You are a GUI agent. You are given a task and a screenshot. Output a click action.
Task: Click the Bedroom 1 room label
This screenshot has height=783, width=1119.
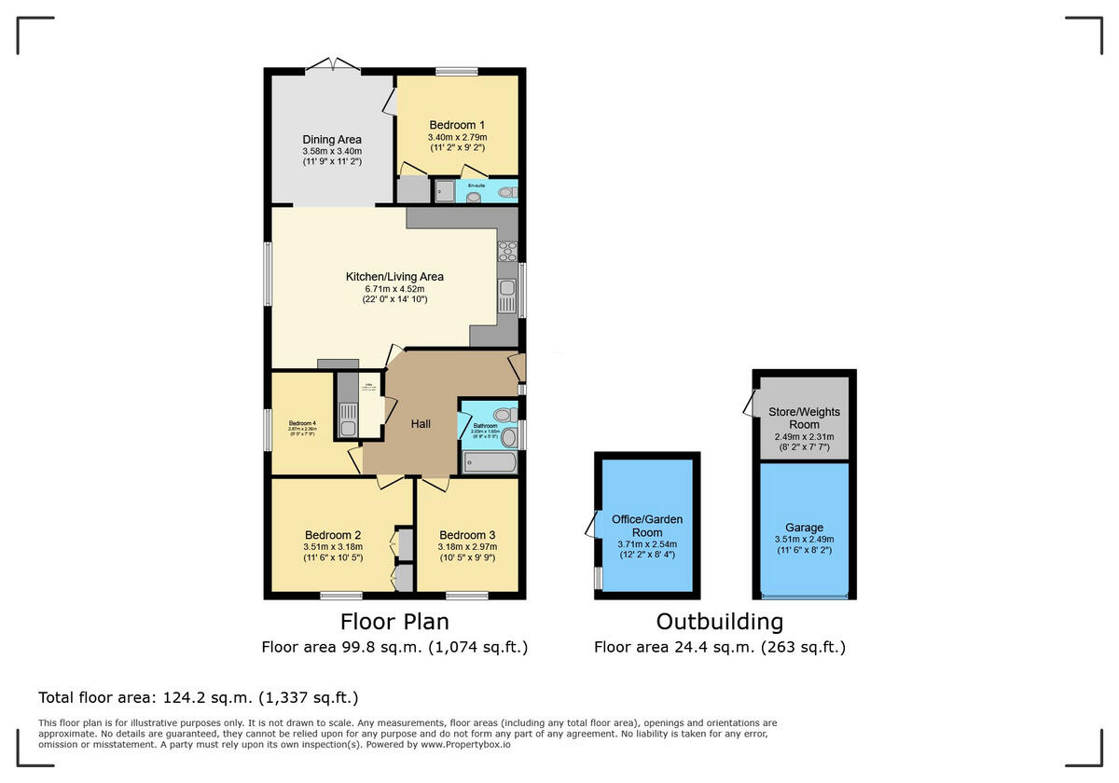[457, 125]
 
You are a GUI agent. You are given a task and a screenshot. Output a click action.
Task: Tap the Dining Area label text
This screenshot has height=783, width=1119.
[332, 140]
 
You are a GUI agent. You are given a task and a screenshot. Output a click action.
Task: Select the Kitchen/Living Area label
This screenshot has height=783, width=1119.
[394, 277]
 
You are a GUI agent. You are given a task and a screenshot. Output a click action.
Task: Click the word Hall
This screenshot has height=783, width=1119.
[421, 424]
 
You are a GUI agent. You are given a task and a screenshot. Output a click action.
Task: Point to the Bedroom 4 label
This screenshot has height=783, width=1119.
[302, 423]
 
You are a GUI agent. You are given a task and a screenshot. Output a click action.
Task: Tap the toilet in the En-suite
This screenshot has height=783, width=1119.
[506, 193]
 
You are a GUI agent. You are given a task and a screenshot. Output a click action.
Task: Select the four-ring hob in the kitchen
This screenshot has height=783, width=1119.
[508, 251]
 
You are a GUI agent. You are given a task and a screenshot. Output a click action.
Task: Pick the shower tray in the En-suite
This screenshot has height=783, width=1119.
[444, 192]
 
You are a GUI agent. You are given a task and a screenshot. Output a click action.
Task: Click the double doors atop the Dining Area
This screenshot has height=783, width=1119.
[333, 65]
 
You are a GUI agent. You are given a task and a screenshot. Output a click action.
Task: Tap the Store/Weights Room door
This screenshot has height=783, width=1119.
[749, 404]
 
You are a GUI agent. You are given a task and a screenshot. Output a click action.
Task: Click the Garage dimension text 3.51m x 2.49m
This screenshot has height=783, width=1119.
[804, 539]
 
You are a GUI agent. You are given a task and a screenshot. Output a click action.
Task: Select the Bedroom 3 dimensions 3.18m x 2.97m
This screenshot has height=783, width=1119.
[467, 547]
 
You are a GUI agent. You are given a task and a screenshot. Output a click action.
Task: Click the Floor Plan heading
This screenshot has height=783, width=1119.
[394, 622]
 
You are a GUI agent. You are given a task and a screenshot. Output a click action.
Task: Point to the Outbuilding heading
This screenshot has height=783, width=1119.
[719, 622]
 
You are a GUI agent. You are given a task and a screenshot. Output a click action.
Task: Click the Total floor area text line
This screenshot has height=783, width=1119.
[198, 697]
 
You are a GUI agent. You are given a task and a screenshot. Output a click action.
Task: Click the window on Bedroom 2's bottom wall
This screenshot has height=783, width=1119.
[341, 595]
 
